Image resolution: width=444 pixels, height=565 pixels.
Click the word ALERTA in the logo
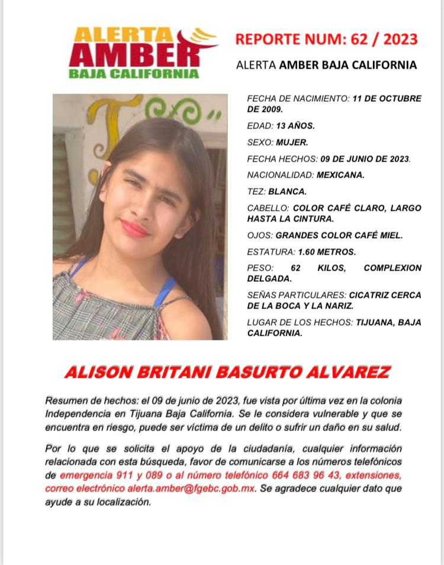pos(121,35)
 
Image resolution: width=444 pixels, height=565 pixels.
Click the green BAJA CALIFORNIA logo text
pos(134,74)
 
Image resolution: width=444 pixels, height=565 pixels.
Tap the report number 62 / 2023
pos(385,40)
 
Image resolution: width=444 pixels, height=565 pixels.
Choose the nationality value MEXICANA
pos(340,175)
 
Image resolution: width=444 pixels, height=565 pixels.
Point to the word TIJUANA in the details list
pos(375,322)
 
